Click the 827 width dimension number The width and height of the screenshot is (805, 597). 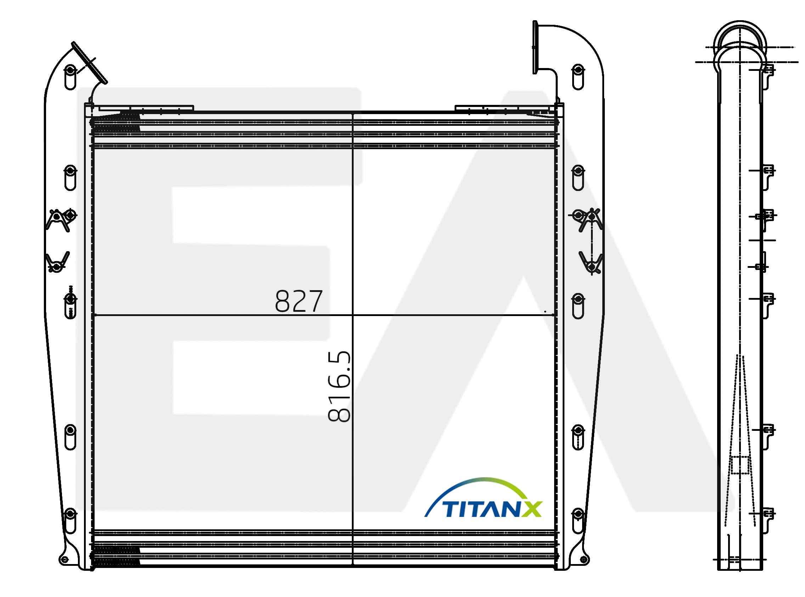tap(298, 301)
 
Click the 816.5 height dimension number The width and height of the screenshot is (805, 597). tap(339, 386)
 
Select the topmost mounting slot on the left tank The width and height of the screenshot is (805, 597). tap(70, 77)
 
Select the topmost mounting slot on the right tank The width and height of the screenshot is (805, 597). tap(578, 77)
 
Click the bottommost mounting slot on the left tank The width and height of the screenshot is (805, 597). tap(70, 520)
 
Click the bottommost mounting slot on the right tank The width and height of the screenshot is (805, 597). tap(578, 520)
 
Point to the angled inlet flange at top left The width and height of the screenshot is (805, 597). tap(89, 63)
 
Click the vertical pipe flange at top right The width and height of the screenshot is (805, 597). tap(535, 47)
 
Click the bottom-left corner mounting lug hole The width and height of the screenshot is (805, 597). tap(65, 560)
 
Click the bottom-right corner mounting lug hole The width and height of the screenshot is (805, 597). tap(583, 559)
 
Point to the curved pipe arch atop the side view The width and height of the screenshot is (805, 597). tap(740, 36)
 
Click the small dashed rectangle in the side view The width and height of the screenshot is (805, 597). tap(739, 465)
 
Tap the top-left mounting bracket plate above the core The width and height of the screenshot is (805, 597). tap(146, 108)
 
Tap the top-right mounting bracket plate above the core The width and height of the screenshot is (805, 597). tap(505, 108)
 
